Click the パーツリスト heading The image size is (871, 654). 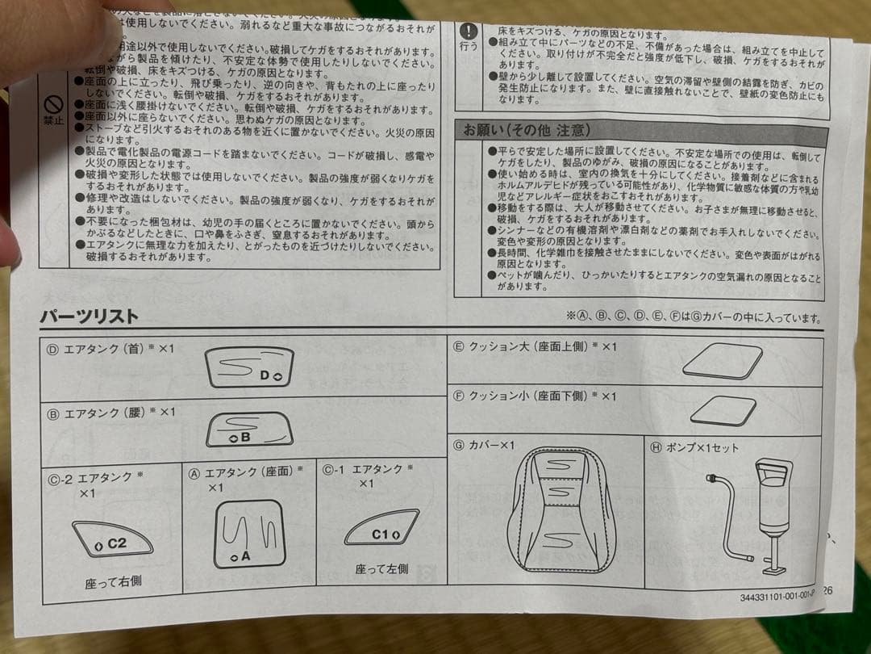pyautogui.click(x=90, y=317)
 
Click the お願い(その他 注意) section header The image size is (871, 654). pyautogui.click(x=526, y=130)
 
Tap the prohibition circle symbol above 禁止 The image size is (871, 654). pyautogui.click(x=53, y=105)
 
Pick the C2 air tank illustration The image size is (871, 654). pyautogui.click(x=112, y=539)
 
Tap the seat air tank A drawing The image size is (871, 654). pyautogui.click(x=249, y=533)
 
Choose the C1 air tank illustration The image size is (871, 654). pyautogui.click(x=381, y=528)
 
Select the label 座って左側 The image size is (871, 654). pyautogui.click(x=381, y=568)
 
